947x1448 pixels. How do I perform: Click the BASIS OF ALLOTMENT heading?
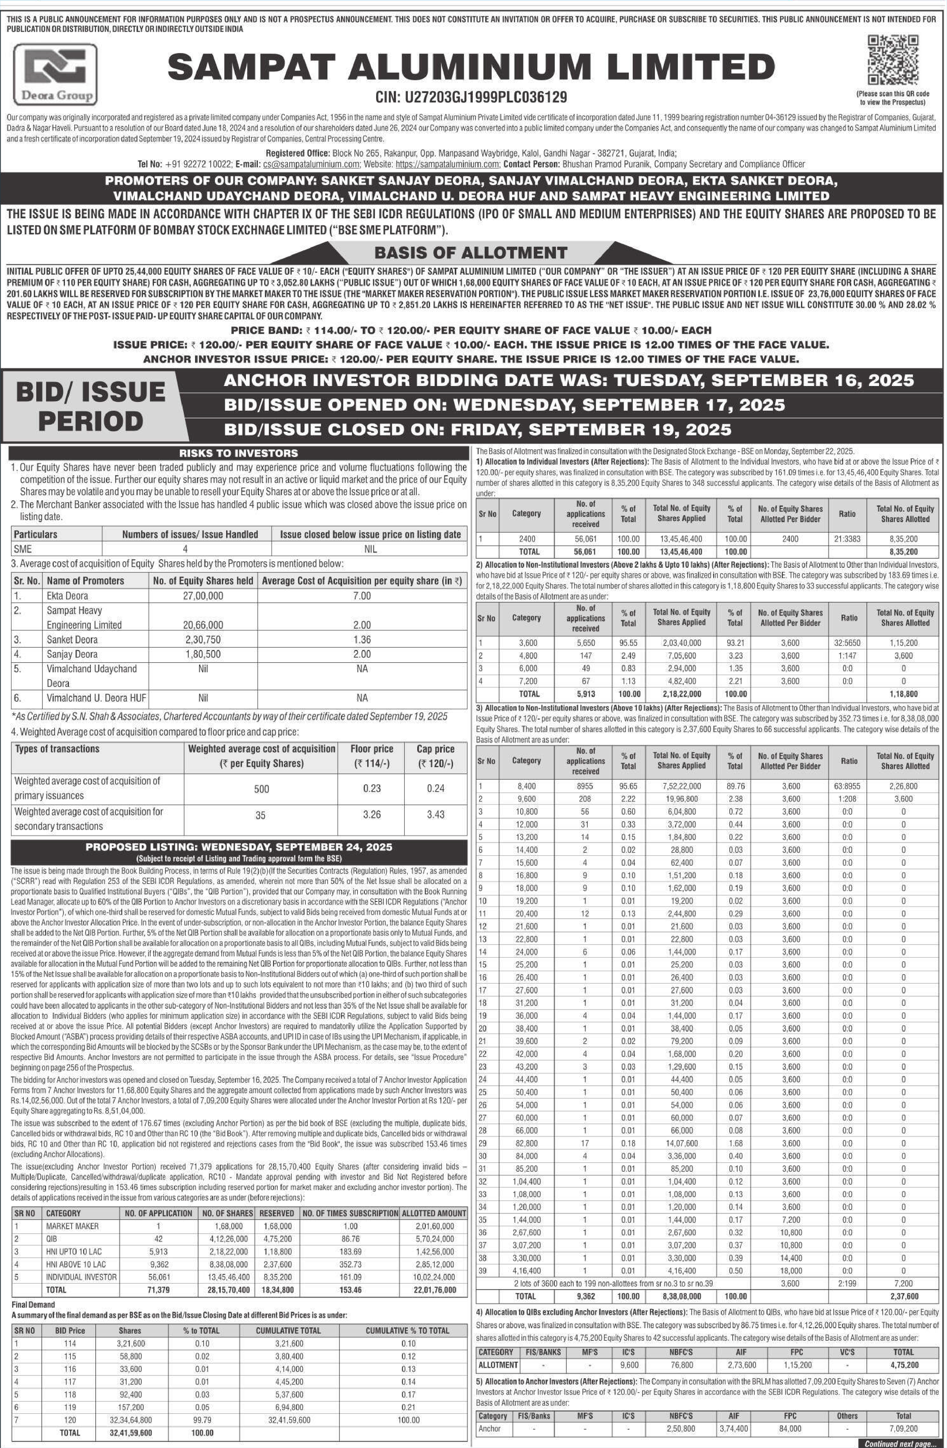pyautogui.click(x=470, y=252)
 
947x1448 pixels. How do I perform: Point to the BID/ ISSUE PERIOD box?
pyautogui.click(x=91, y=406)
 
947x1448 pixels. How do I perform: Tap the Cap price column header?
pyautogui.click(x=436, y=756)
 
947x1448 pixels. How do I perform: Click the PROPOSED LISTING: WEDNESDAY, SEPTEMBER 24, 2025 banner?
pyautogui.click(x=238, y=846)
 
